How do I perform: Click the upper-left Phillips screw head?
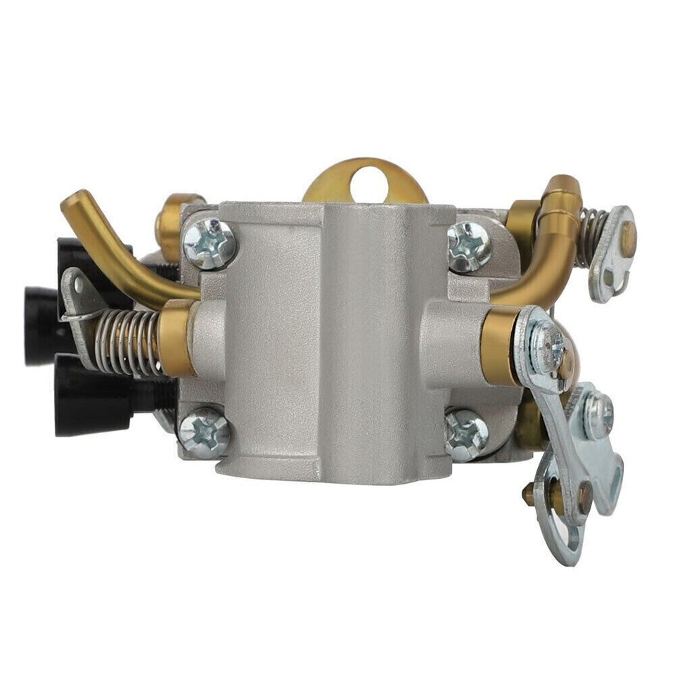(x=209, y=243)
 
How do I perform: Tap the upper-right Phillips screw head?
(x=469, y=245)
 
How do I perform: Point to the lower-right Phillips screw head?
(x=466, y=435)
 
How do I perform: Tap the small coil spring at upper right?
(x=592, y=236)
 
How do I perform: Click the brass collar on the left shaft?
(x=176, y=337)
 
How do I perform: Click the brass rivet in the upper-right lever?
(x=627, y=238)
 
